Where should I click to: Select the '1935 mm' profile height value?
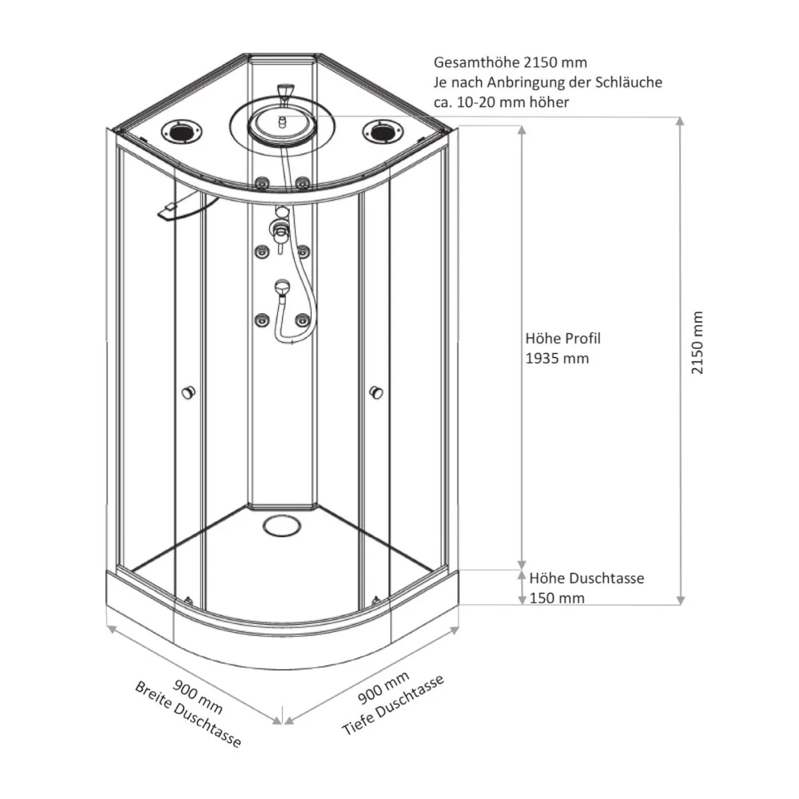coord(557,358)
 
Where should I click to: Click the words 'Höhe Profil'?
coord(562,338)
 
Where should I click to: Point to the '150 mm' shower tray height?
coord(556,598)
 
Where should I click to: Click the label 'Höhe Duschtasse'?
coord(586,578)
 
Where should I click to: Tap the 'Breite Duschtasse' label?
coord(188,714)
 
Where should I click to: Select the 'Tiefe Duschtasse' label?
coord(392,706)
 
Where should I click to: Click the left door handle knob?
coord(189,392)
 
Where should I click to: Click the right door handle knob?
coord(376,392)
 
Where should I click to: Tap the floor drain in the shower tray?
coord(280,526)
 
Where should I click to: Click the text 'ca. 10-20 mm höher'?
coord(501,103)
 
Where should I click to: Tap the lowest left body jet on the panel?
coord(260,320)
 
